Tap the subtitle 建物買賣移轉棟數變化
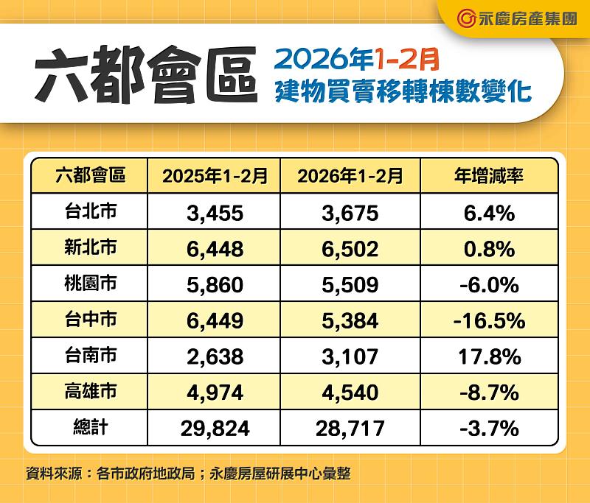[402, 91]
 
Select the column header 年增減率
[488, 176]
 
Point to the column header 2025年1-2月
[215, 176]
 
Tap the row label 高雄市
[90, 392]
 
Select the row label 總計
[90, 427]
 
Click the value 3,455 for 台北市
[215, 214]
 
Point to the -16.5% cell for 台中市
[488, 321]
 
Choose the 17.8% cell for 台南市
[488, 356]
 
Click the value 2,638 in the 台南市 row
[215, 356]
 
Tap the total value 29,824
[215, 428]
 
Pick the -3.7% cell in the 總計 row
[488, 428]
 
